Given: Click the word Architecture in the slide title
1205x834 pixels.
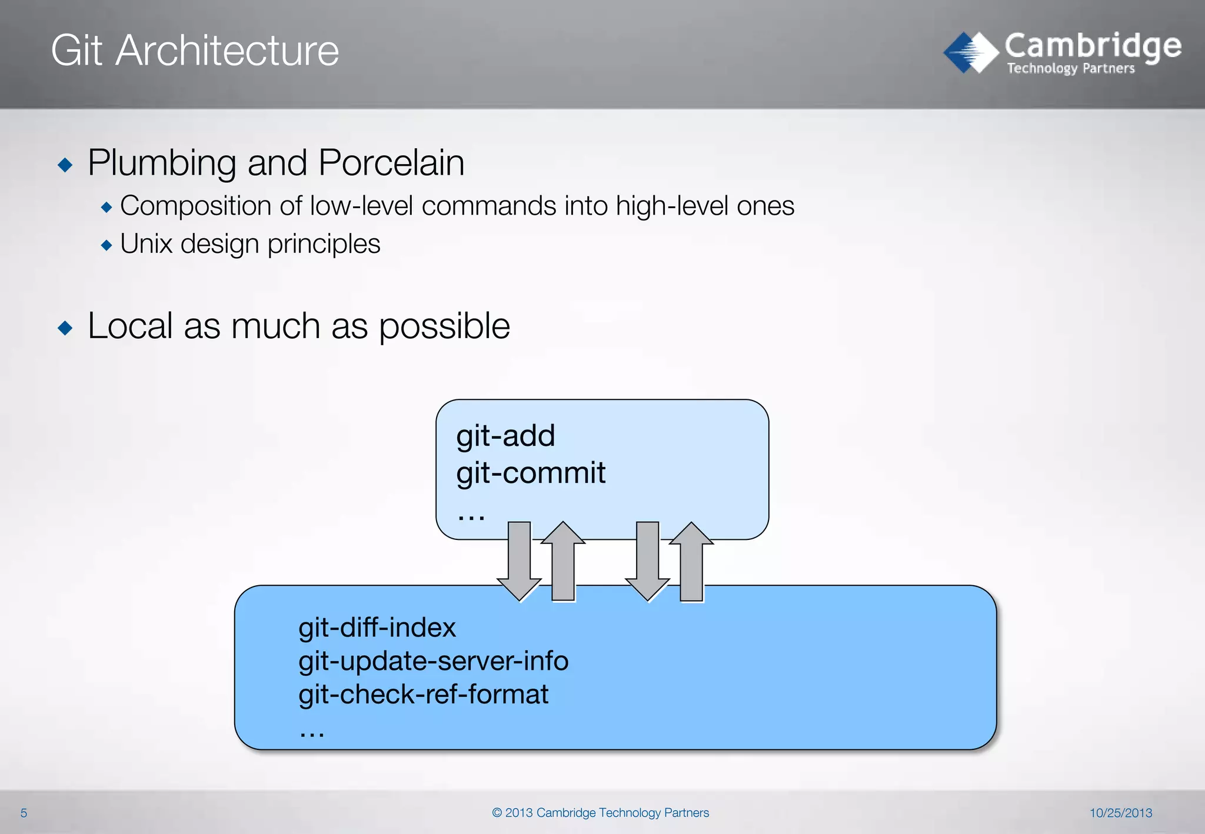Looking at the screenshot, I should coord(227,51).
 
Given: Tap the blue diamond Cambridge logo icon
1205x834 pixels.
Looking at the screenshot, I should coord(970,52).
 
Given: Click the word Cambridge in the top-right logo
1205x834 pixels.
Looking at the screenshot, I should coord(1093,46).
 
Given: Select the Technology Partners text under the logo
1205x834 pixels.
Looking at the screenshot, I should coord(1070,69).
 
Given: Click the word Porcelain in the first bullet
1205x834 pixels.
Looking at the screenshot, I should coord(391,163).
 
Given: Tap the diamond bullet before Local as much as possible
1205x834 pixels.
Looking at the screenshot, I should coord(65,328).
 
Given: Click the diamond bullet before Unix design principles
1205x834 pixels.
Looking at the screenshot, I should coord(106,245).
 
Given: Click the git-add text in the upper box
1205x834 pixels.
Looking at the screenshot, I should coord(505,436).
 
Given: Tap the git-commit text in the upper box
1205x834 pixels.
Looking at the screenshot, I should coord(531,473).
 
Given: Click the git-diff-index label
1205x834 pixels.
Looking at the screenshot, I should coord(377,628).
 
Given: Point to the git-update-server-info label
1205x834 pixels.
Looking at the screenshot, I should coord(433,661).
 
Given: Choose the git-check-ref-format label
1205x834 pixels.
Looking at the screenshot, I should coord(423,695).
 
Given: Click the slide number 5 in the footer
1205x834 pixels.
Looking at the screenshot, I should coord(24,813).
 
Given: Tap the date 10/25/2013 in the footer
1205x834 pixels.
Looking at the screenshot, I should coord(1120,813).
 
